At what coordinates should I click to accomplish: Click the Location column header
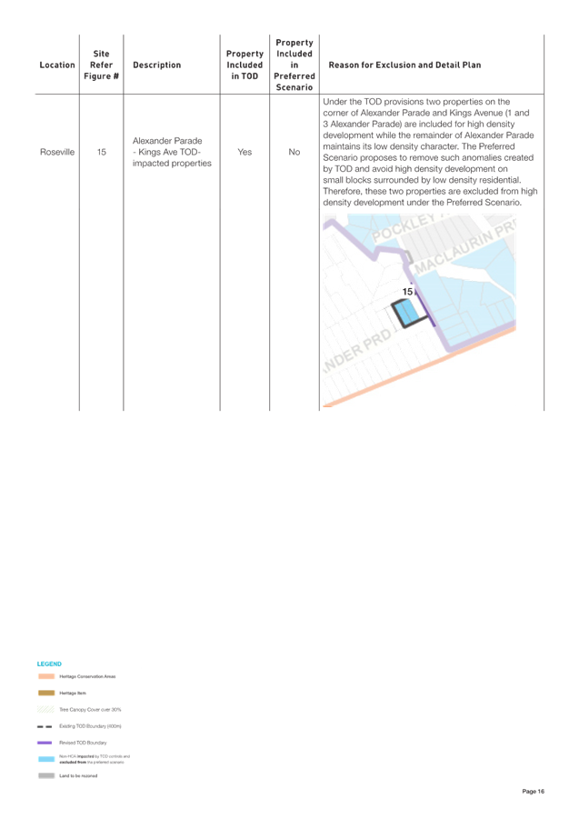point(57,65)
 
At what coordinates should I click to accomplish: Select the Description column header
point(156,65)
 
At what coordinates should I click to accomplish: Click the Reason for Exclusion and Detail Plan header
point(405,65)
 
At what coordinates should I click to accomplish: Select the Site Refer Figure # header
point(101,65)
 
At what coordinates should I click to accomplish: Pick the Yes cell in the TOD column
point(245,153)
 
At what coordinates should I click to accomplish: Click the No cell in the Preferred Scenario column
point(294,153)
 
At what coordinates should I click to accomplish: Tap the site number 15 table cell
point(101,153)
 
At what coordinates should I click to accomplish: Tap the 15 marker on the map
point(407,291)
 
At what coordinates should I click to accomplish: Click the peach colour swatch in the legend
point(46,676)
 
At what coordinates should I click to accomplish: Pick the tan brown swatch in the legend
point(46,693)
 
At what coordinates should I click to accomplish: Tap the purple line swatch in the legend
point(46,743)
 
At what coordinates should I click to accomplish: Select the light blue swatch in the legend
point(46,759)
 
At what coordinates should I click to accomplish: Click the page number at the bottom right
point(534,792)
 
